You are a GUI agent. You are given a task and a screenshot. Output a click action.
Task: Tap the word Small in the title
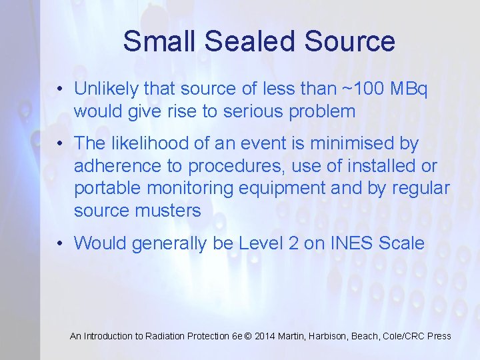pos(160,41)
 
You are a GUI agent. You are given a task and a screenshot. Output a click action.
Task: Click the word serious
pos(252,111)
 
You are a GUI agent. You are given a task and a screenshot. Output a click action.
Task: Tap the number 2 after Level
pos(293,243)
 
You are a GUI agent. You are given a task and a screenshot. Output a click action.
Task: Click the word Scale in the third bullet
pos(401,243)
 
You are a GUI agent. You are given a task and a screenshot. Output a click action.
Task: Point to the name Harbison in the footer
pos(331,337)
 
